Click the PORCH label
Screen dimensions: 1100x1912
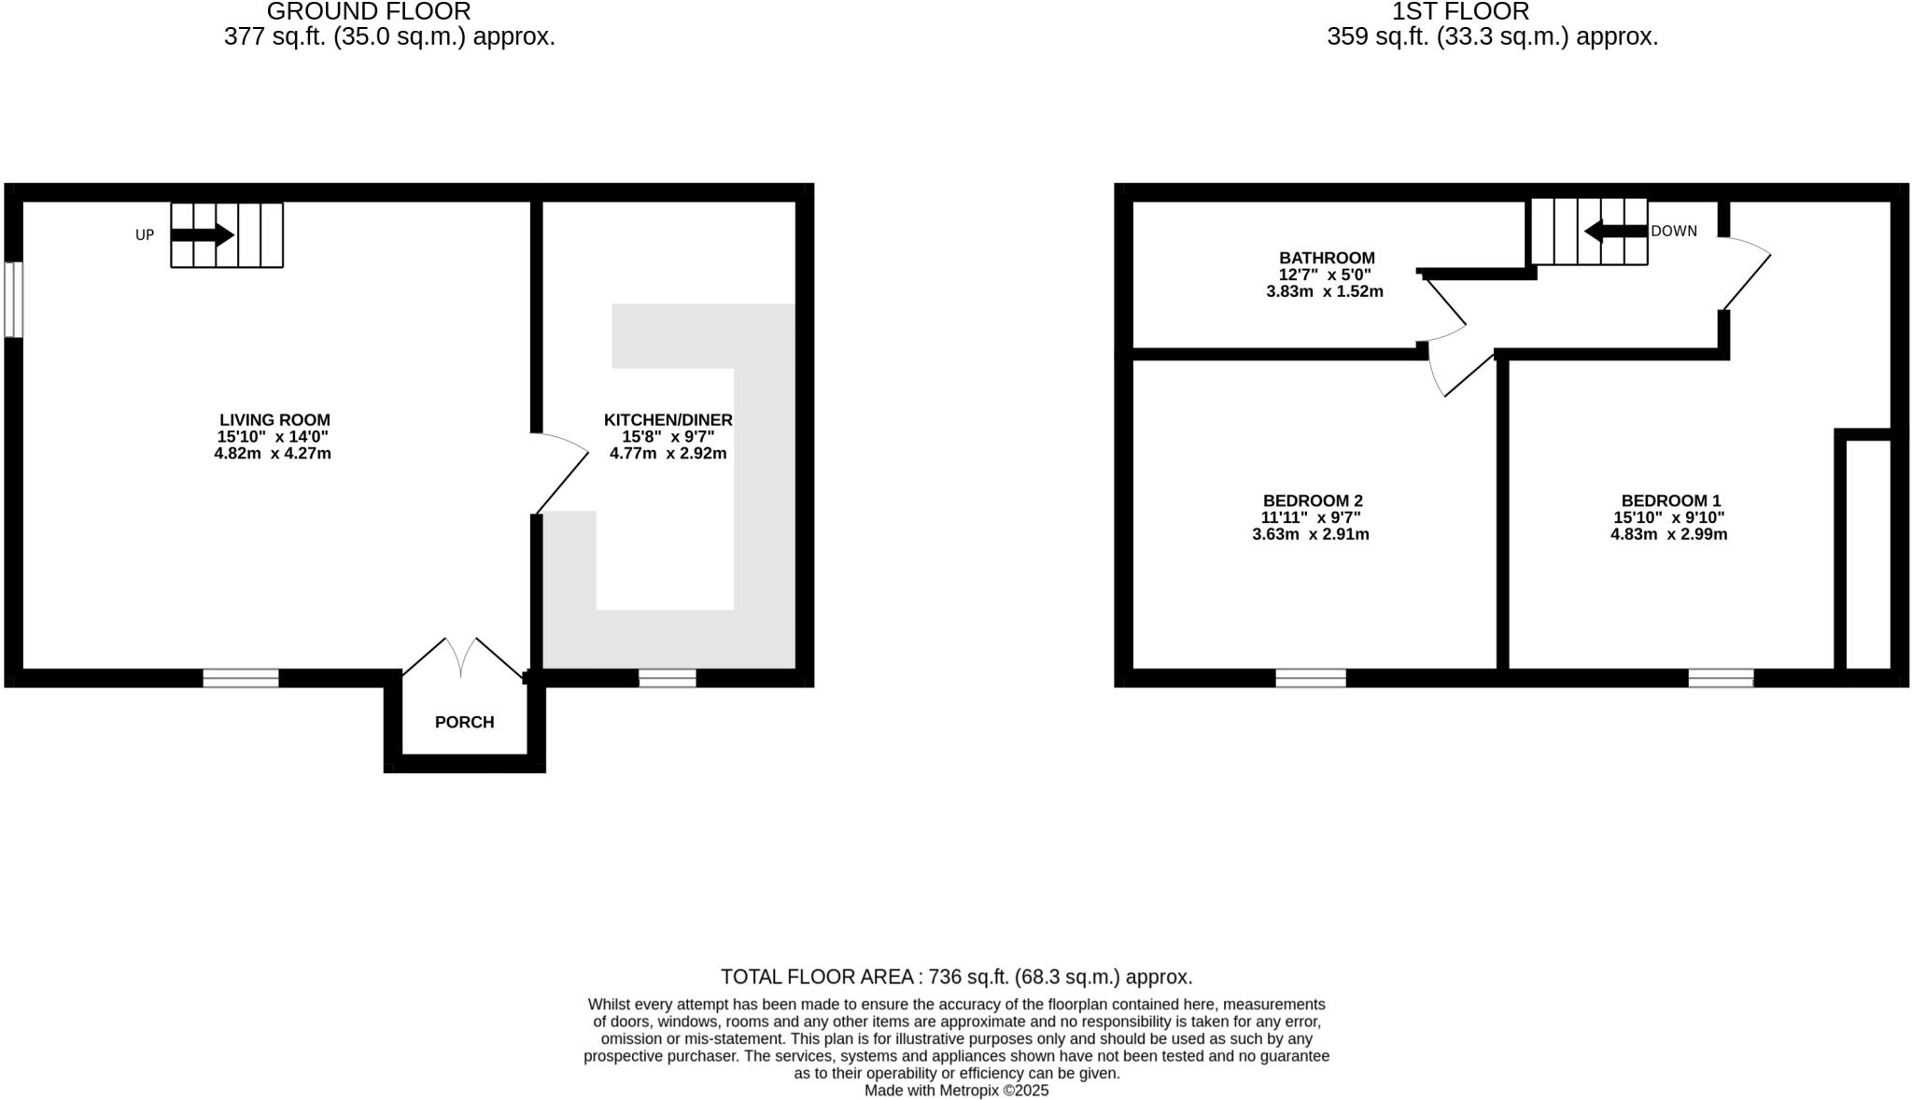coord(464,722)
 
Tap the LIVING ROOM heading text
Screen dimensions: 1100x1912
coord(274,420)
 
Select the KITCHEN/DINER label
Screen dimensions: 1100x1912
coord(668,420)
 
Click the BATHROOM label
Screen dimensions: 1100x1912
coord(1327,258)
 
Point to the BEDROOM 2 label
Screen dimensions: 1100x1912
coord(1313,501)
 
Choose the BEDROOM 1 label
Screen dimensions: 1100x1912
coord(1670,501)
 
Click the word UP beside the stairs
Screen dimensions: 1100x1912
coord(145,235)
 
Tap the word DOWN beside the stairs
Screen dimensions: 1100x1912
coord(1674,231)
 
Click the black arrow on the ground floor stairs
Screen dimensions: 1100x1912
coord(202,234)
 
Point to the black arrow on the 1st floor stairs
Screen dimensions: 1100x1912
coord(1615,231)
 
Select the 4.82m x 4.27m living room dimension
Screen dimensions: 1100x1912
coord(273,454)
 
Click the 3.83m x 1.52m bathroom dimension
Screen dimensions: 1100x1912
coord(1324,291)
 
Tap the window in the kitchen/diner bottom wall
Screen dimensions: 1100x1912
coord(668,678)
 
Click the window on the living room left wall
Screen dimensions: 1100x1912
coord(13,299)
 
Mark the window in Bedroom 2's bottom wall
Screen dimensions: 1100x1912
coord(1311,678)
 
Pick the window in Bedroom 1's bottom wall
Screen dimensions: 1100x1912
coord(1721,678)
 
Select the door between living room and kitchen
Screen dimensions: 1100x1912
coord(560,473)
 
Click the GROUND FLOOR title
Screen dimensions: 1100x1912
coord(369,12)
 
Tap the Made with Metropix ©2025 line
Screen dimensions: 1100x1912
coord(956,1091)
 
